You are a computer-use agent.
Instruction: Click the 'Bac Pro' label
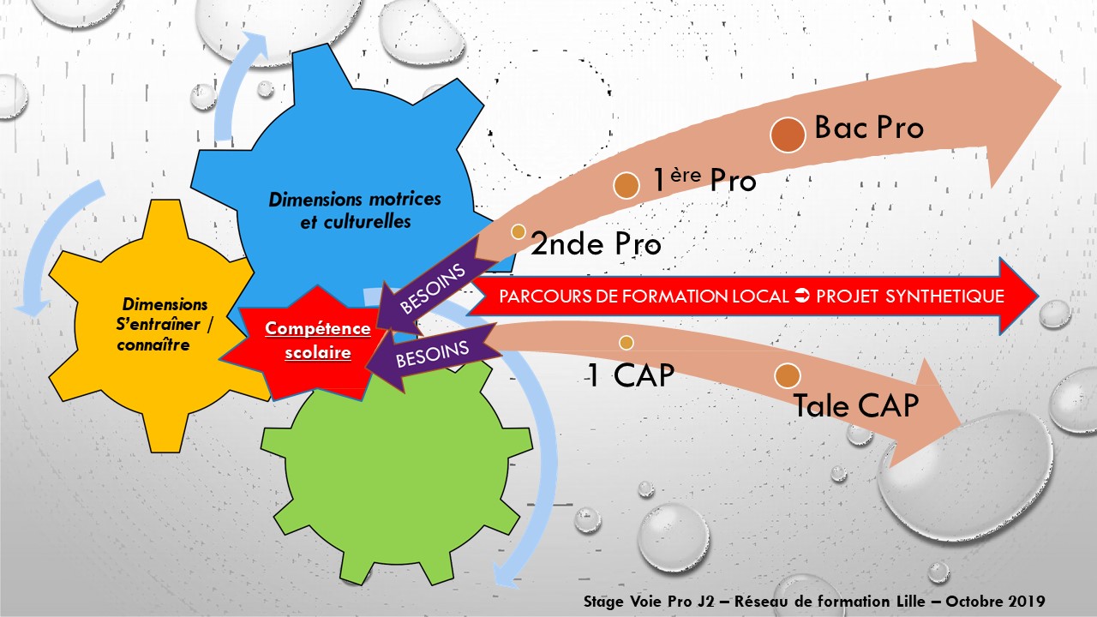pyautogui.click(x=869, y=128)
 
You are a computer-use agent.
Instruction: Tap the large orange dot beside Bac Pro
pyautogui.click(x=788, y=135)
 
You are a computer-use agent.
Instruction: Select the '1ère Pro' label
pyautogui.click(x=704, y=181)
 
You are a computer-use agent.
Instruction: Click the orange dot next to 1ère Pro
pyautogui.click(x=627, y=185)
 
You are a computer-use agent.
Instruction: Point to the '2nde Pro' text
pyautogui.click(x=596, y=244)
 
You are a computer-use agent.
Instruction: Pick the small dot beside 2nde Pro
pyautogui.click(x=518, y=231)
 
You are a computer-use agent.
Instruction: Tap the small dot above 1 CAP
pyautogui.click(x=626, y=343)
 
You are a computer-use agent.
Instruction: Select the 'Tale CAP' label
pyautogui.click(x=856, y=405)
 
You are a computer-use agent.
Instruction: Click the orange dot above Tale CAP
pyautogui.click(x=787, y=375)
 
